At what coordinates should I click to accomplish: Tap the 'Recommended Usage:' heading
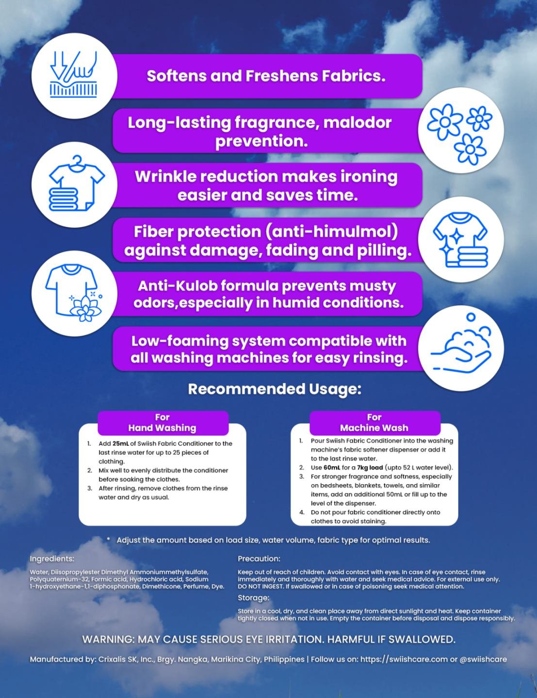tap(275, 389)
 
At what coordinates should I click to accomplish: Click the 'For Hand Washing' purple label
tap(162, 423)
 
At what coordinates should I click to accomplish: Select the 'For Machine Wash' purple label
tap(374, 423)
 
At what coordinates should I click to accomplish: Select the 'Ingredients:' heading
tap(52, 559)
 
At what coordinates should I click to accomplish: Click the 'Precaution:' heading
tap(259, 559)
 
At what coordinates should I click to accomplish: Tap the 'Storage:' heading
tap(253, 598)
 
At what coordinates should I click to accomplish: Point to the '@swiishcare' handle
tap(483, 659)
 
